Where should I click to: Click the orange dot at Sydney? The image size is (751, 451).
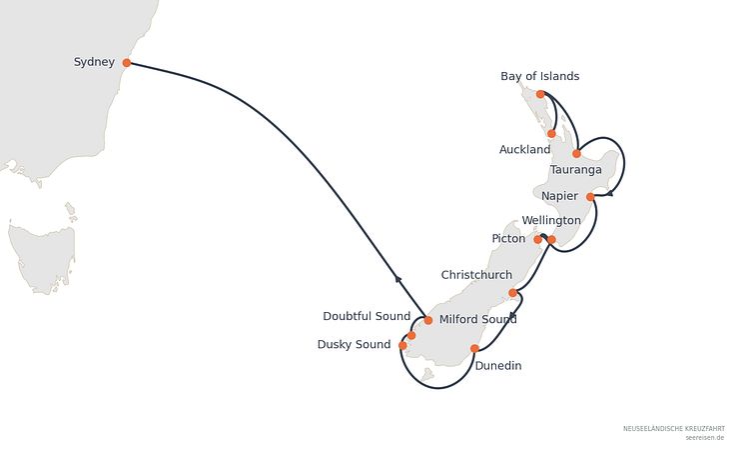point(127,63)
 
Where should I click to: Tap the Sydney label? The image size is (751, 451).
point(94,62)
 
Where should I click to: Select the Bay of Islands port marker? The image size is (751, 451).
point(540,94)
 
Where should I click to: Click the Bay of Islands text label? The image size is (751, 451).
point(539,76)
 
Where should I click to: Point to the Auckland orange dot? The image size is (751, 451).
point(551,134)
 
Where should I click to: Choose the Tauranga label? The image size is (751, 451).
point(575,170)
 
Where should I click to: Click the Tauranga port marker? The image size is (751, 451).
point(576,154)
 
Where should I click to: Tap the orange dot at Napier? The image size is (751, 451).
point(590,197)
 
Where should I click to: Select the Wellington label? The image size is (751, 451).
point(551,221)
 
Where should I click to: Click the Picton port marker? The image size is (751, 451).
point(538,239)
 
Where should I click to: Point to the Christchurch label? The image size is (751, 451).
point(476,275)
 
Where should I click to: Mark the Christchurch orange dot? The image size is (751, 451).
point(513,293)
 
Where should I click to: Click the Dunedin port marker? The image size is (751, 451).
point(474,349)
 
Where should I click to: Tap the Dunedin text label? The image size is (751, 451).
point(498,366)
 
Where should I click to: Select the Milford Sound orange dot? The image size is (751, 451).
point(428,320)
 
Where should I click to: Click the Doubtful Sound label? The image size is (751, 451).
point(367,317)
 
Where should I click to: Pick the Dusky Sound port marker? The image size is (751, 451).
point(402,345)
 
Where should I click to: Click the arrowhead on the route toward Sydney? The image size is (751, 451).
point(397,277)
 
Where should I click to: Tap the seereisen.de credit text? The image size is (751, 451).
point(704,438)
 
